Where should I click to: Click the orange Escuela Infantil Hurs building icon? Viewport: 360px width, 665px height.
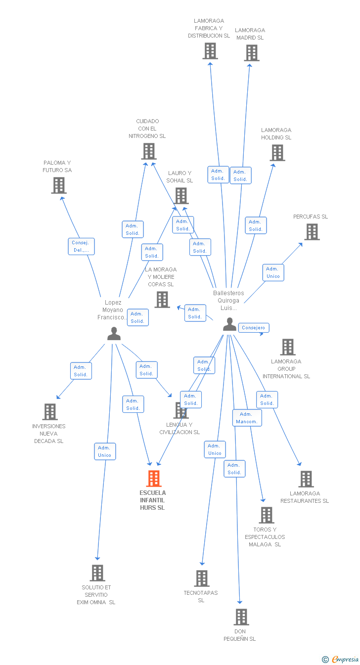[x=154, y=479]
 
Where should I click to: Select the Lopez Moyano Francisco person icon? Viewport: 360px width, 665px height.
[x=114, y=334]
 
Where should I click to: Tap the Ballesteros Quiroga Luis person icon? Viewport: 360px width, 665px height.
[x=229, y=324]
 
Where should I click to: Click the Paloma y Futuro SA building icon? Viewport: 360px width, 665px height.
[x=59, y=185]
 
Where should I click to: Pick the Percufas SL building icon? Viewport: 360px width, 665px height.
[x=312, y=232]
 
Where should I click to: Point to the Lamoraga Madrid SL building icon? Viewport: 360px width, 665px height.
[x=251, y=53]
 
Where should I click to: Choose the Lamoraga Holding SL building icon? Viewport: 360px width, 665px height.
[x=277, y=153]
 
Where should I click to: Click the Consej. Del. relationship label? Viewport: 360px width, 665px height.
[x=81, y=246]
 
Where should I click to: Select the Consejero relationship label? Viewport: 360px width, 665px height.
[x=254, y=327]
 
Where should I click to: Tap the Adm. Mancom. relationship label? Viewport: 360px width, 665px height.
[x=247, y=418]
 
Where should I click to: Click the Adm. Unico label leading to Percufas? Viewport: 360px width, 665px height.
[x=273, y=272]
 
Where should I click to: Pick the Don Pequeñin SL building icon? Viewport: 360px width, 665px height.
[x=241, y=617]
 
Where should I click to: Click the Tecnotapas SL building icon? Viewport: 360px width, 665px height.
[x=202, y=578]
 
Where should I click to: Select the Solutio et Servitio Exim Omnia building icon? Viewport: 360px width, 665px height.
[x=97, y=573]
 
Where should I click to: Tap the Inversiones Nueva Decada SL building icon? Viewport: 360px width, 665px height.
[x=50, y=412]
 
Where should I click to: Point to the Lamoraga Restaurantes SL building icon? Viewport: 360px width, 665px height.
[x=306, y=479]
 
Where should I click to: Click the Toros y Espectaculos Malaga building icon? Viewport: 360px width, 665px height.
[x=266, y=515]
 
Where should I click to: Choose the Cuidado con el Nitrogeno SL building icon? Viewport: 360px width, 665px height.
[x=148, y=151]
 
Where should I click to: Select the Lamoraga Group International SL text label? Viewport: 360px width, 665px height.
[x=286, y=369]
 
